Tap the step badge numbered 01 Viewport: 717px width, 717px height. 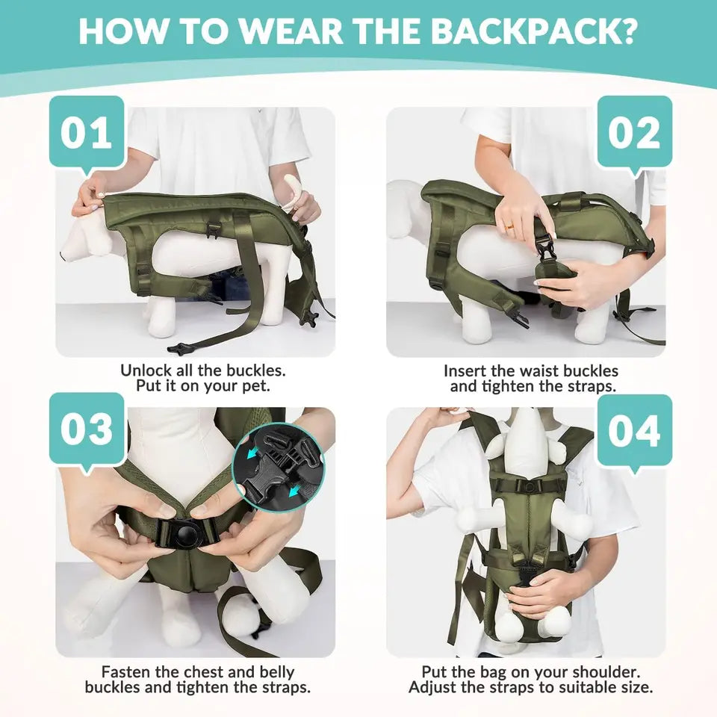86,132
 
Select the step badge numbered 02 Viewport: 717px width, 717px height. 633,133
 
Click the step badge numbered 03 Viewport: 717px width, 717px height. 86,429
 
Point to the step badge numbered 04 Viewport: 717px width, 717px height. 633,432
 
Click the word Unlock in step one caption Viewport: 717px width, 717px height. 149,370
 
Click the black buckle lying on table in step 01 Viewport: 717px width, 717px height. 177,348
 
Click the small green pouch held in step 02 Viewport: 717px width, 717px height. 556,273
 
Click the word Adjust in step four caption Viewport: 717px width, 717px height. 435,687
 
